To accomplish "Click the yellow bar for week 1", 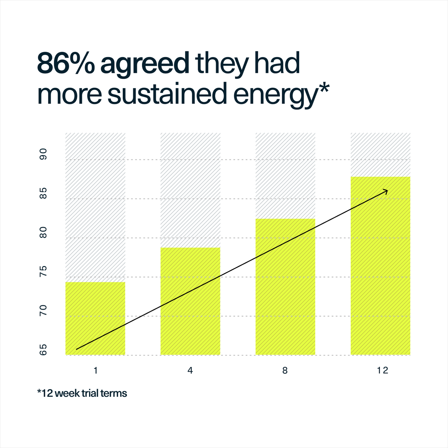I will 95,318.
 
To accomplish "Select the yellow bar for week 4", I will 190,301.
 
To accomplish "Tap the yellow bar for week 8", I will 285,287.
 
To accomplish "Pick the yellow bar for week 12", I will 380,266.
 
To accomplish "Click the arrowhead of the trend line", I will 386,191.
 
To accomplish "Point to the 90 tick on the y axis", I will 43,154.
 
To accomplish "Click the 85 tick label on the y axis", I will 43,193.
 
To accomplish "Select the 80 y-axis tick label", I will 43,232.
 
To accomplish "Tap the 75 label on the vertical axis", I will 43,271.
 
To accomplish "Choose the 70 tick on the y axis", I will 43,310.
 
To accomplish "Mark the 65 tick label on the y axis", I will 43,349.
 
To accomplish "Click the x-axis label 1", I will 95,370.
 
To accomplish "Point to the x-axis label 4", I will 190,370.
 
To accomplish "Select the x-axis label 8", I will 285,370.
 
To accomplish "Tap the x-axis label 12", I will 383,370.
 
